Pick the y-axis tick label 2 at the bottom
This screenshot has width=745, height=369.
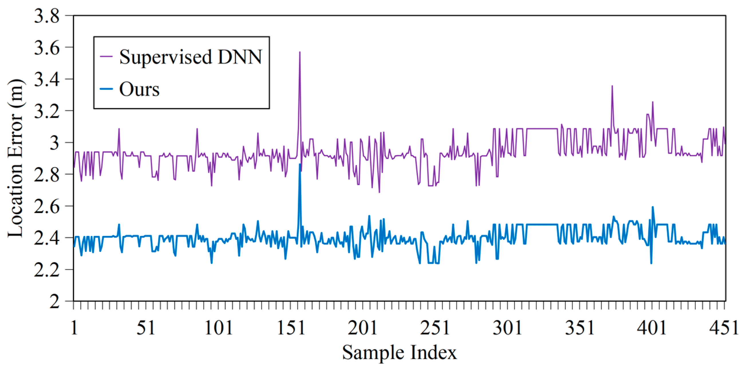[54, 302]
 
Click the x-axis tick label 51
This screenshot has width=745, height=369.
[146, 328]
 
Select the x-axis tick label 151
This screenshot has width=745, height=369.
[291, 328]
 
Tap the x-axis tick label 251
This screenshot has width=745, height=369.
[435, 328]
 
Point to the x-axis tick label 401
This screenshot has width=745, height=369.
[652, 328]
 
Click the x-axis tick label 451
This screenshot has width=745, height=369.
[724, 328]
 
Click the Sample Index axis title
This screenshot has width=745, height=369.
[399, 352]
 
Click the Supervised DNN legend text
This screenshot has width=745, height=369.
[190, 57]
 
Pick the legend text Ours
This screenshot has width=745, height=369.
[139, 89]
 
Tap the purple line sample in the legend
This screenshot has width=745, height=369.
[106, 57]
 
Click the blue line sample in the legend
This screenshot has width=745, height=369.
[106, 89]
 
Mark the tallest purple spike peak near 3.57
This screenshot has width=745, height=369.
[300, 52]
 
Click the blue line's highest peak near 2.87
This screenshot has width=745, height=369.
[300, 164]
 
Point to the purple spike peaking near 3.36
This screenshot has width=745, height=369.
[612, 86]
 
